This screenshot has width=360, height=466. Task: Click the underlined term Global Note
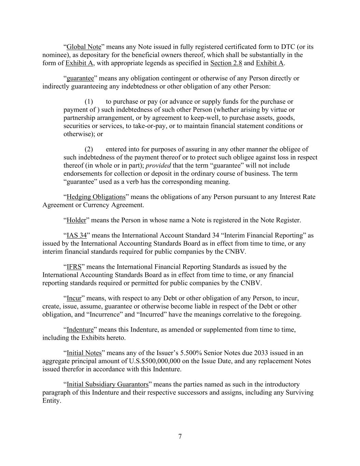(84, 47)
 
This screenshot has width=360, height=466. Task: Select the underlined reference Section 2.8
(226, 63)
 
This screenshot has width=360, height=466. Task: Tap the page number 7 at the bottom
(180, 436)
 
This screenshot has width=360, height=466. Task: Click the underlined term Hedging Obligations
(96, 197)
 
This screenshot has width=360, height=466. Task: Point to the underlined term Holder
(76, 220)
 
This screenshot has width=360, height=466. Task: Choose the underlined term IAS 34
(76, 236)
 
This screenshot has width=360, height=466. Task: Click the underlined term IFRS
(74, 267)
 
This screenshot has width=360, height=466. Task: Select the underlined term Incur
(74, 298)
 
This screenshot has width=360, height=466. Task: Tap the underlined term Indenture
(80, 330)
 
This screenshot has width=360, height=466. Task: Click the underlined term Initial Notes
(84, 353)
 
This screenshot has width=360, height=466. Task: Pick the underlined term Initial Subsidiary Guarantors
(107, 384)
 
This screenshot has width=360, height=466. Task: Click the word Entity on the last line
(51, 401)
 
